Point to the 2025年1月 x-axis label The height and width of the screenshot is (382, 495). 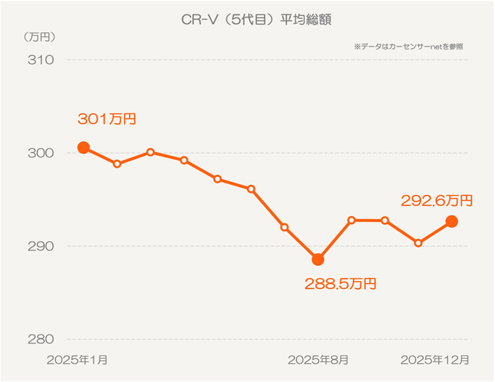coord(77,359)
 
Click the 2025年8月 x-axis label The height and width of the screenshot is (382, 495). coord(317,359)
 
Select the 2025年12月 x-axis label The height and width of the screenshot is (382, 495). coord(435,359)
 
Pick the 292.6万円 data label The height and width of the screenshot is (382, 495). coord(437,199)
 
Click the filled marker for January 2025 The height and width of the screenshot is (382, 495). coord(84,148)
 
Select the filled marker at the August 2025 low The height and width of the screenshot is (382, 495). coord(317,259)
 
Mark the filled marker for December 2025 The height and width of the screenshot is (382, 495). coord(451,221)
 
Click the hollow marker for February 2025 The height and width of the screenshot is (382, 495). coord(117,164)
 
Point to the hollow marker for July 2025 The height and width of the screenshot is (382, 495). coord(285,227)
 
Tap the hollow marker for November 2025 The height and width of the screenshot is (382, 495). coord(418,242)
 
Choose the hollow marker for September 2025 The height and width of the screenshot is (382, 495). coord(352,220)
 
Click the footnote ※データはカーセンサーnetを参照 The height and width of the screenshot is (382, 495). coord(408,47)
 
